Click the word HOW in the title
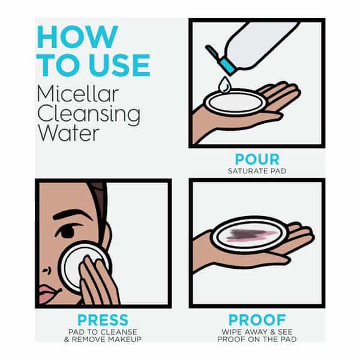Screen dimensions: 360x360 (x=77, y=37)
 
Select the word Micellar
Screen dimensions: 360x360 (x=78, y=94)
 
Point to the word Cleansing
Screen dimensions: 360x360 (x=89, y=114)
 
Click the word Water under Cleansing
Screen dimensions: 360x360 (x=68, y=133)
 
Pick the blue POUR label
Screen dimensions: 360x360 (x=257, y=160)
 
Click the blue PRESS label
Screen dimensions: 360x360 (x=103, y=320)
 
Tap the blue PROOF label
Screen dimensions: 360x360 (x=257, y=320)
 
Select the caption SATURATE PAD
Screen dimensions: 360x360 (x=257, y=171)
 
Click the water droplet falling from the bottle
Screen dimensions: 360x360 (x=224, y=85)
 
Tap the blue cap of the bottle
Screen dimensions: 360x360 (x=227, y=67)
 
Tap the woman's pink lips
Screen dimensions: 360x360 (x=48, y=293)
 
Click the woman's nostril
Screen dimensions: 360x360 (x=47, y=270)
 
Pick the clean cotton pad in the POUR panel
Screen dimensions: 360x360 (x=236, y=103)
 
